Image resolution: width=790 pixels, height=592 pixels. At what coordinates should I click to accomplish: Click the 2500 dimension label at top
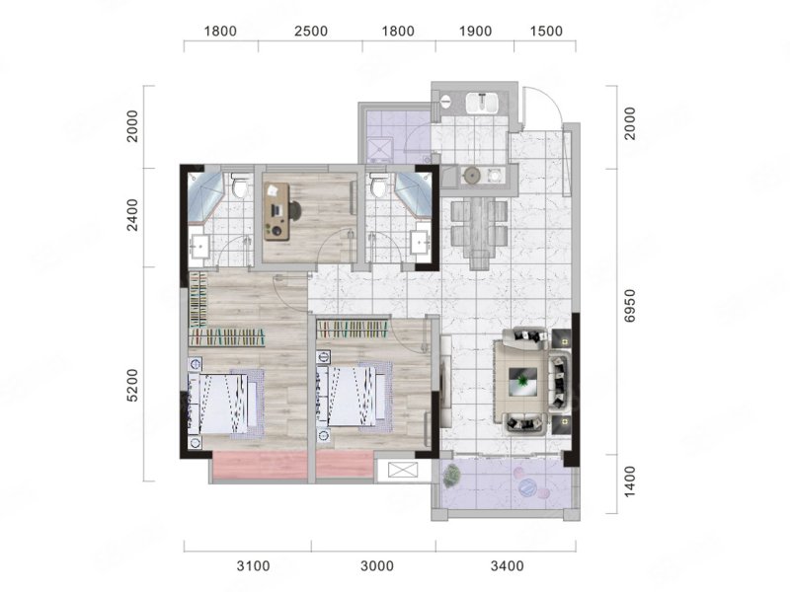(x=311, y=32)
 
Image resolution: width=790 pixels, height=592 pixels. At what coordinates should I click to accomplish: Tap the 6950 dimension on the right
(x=630, y=306)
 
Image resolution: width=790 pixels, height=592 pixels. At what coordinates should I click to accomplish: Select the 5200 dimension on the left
(x=132, y=386)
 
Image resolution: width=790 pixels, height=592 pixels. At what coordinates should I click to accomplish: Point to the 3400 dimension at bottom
(x=508, y=566)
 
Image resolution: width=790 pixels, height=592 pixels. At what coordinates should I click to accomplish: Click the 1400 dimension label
(x=630, y=481)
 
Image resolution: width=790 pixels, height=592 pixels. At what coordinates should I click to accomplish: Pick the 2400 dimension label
(x=132, y=215)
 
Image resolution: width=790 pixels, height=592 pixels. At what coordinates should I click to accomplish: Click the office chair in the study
(x=294, y=210)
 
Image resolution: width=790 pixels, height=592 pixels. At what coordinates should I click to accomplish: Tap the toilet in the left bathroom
(x=239, y=185)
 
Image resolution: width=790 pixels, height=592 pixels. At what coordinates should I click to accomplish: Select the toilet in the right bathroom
(x=378, y=185)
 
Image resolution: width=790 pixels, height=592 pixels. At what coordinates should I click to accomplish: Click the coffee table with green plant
(x=522, y=381)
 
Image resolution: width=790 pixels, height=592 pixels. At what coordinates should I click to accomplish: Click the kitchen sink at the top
(x=482, y=104)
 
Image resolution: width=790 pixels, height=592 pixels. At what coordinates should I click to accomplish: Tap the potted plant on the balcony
(x=451, y=476)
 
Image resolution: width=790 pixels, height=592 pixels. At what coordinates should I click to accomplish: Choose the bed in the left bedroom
(x=226, y=404)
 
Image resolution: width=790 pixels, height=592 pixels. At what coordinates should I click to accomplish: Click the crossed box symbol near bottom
(x=402, y=472)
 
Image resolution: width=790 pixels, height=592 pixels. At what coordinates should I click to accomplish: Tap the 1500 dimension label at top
(x=546, y=32)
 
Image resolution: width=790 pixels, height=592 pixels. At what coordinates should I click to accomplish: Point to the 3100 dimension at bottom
(x=254, y=566)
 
